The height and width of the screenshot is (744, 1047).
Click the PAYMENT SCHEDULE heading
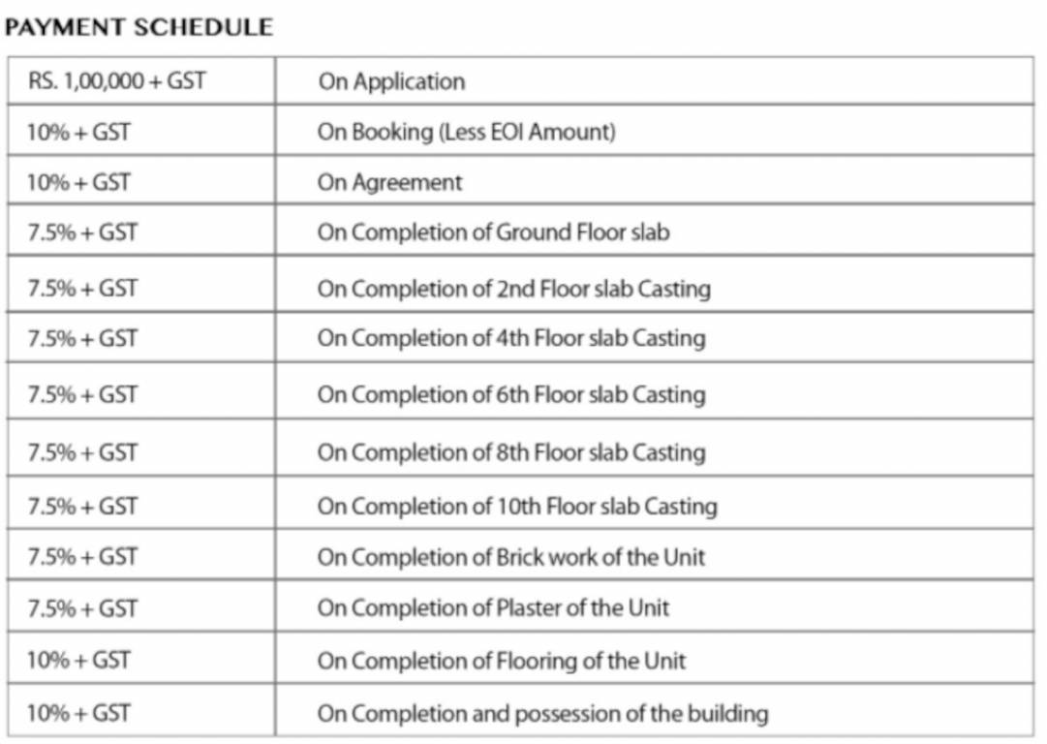coord(139,27)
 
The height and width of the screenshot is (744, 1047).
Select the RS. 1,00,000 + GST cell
coord(116,80)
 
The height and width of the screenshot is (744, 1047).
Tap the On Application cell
coord(391,81)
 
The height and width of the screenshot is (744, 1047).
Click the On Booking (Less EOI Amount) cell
coord(466,132)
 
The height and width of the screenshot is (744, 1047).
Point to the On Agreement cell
coord(390,182)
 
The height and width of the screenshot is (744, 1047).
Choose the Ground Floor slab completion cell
coord(493,232)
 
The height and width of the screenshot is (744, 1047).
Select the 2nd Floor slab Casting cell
coord(513,289)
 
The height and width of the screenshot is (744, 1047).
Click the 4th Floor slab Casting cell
coord(511,338)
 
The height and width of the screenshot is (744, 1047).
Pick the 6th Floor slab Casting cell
coord(511,394)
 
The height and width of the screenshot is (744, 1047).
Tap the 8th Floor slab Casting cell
coord(511,452)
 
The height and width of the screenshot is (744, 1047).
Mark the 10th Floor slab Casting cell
coord(517,506)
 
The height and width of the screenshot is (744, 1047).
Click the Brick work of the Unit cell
coord(511,557)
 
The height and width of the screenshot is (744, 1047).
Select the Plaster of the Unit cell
coord(493,608)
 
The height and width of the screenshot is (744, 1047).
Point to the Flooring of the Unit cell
coord(502,661)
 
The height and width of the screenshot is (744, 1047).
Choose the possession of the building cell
coord(542,714)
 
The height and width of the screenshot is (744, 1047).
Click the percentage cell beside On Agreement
coord(78,182)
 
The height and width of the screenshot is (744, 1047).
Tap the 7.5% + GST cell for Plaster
coord(82,608)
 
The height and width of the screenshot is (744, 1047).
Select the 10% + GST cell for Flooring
coord(78,661)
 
